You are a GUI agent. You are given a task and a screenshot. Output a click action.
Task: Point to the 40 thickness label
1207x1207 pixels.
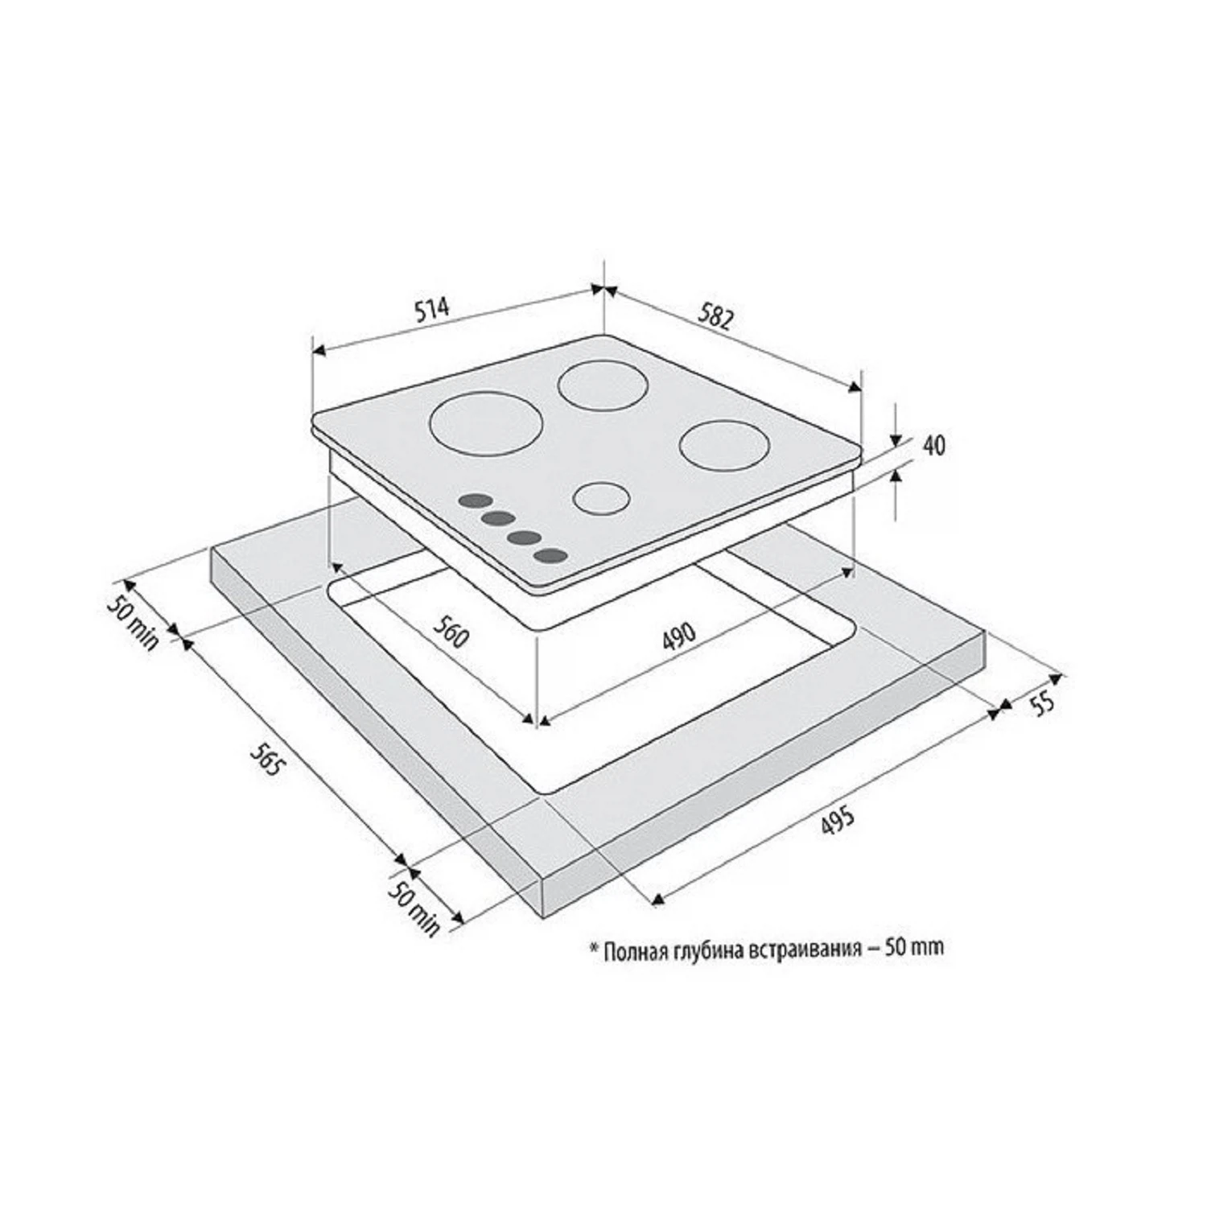coord(934,445)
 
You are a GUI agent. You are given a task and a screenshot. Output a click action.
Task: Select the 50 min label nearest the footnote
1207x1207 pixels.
coord(415,908)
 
